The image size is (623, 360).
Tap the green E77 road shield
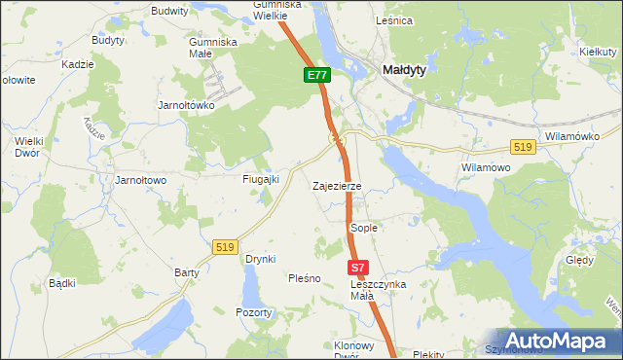[317, 75]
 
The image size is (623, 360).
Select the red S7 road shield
[358, 267]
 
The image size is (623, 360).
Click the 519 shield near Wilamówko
[523, 146]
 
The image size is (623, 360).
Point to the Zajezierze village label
[337, 185]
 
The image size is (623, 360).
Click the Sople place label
[363, 227]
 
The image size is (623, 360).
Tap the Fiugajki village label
[261, 179]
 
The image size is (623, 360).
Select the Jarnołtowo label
[141, 180]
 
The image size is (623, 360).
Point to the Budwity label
[169, 11]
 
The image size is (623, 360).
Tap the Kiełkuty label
[594, 51]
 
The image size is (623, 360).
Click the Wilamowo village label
[485, 167]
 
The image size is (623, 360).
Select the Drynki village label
[261, 259]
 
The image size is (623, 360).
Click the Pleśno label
[304, 278]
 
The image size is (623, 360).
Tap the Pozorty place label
[254, 312]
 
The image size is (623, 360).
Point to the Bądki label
[62, 283]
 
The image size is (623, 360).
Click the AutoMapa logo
[556, 340]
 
